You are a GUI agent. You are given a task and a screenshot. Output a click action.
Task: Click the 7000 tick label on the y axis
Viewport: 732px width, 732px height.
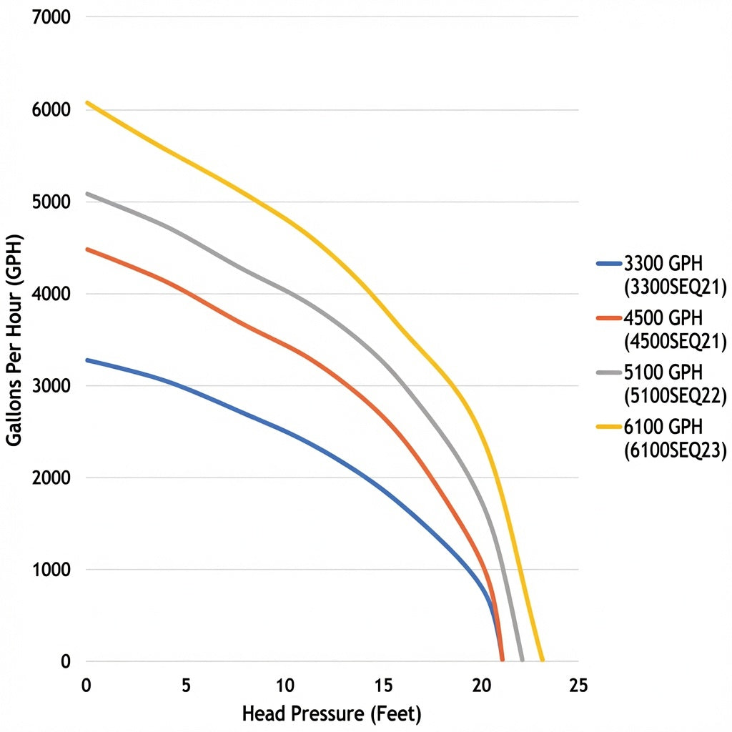pyautogui.click(x=51, y=17)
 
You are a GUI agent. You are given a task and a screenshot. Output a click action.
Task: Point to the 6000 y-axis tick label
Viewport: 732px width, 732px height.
pyautogui.click(x=51, y=109)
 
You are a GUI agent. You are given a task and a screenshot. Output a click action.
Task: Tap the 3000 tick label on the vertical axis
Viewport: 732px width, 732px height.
pyautogui.click(x=51, y=385)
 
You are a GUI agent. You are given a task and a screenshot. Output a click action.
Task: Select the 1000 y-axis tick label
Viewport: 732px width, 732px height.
pyautogui.click(x=51, y=570)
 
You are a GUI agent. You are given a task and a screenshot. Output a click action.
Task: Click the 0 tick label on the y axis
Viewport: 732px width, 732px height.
pyautogui.click(x=65, y=661)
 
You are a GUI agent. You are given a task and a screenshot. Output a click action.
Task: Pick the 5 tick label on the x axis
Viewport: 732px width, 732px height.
pyautogui.click(x=186, y=686)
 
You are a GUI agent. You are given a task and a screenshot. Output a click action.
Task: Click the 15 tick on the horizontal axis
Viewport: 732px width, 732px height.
pyautogui.click(x=383, y=686)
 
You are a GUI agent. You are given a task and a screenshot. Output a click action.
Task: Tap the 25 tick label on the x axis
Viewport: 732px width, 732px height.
pyautogui.click(x=579, y=686)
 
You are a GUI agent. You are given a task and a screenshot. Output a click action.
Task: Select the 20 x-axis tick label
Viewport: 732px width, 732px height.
pyautogui.click(x=481, y=686)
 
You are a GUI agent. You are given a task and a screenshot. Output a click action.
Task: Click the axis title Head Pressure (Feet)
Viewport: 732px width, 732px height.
pyautogui.click(x=332, y=714)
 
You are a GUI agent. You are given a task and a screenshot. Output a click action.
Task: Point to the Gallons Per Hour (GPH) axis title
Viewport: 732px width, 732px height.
pyautogui.click(x=14, y=340)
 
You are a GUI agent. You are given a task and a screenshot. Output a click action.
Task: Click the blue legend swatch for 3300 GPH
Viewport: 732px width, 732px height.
pyautogui.click(x=609, y=264)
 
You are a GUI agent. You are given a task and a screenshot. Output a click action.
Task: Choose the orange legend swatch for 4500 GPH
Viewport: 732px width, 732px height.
pyautogui.click(x=609, y=318)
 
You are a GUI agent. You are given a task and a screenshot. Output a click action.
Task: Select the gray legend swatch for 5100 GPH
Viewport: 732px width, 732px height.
pyautogui.click(x=609, y=372)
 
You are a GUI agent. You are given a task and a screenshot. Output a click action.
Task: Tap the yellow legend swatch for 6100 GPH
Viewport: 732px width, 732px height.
pyautogui.click(x=609, y=427)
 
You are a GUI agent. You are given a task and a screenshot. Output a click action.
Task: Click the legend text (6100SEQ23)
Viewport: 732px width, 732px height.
pyautogui.click(x=676, y=450)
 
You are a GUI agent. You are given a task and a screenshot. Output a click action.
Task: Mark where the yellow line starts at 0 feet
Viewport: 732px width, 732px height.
pyautogui.click(x=86, y=103)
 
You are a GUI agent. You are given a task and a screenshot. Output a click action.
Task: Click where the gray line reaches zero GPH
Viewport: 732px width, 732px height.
pyautogui.click(x=522, y=660)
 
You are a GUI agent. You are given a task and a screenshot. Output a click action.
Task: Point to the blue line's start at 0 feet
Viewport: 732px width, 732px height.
pyautogui.click(x=86, y=360)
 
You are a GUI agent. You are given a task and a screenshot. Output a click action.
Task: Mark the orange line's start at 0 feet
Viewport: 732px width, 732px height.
pyautogui.click(x=86, y=249)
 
